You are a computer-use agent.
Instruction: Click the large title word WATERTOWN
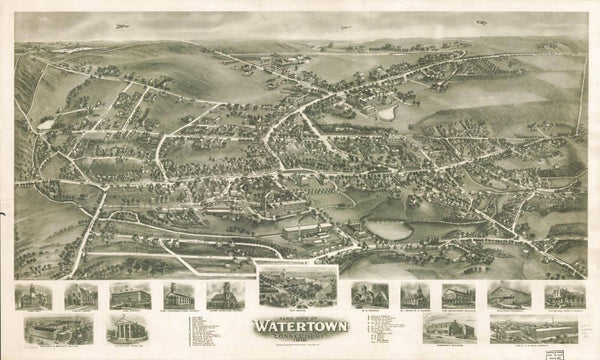click(299, 326)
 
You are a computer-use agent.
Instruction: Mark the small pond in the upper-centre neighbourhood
click(386, 113)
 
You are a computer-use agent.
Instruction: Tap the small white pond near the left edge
click(46, 124)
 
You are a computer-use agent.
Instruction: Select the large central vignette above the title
click(298, 287)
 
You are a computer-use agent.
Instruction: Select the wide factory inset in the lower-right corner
click(535, 328)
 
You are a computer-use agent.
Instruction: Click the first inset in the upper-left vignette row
click(33, 296)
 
